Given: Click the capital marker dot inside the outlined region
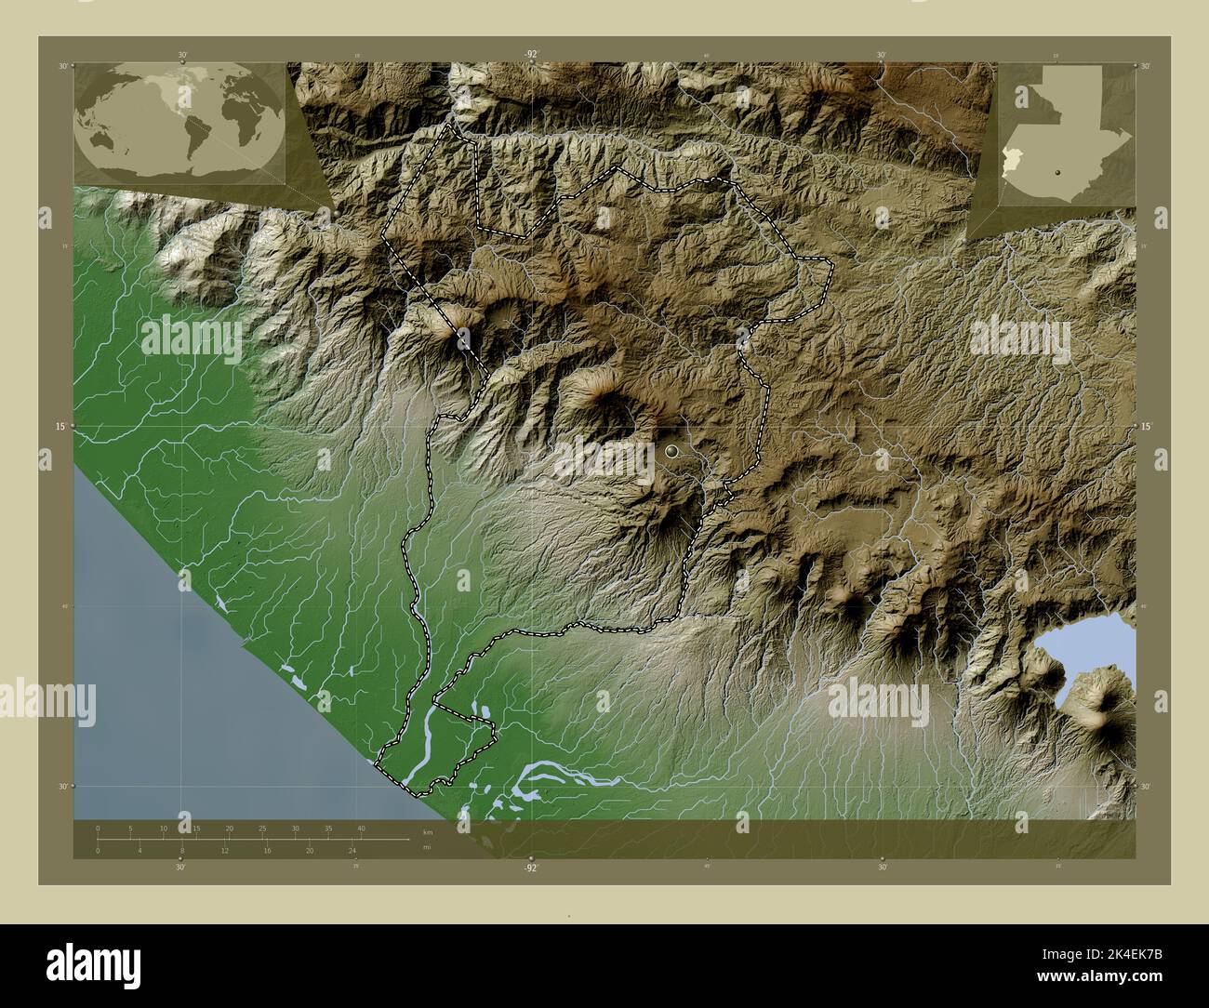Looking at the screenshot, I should pos(672,452).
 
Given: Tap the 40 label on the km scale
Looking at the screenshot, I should pos(360,829).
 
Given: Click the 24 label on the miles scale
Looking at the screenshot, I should pos(352,851).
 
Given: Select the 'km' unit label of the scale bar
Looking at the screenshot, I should pos(427,831).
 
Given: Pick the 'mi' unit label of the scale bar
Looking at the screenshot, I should pos(426,847).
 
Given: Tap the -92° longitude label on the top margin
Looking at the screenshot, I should pos(530,55).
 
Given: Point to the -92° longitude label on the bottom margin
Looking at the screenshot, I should pos(530,868).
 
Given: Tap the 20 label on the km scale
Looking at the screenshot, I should pos(229,829).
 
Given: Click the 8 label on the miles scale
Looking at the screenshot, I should pos(182,851).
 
